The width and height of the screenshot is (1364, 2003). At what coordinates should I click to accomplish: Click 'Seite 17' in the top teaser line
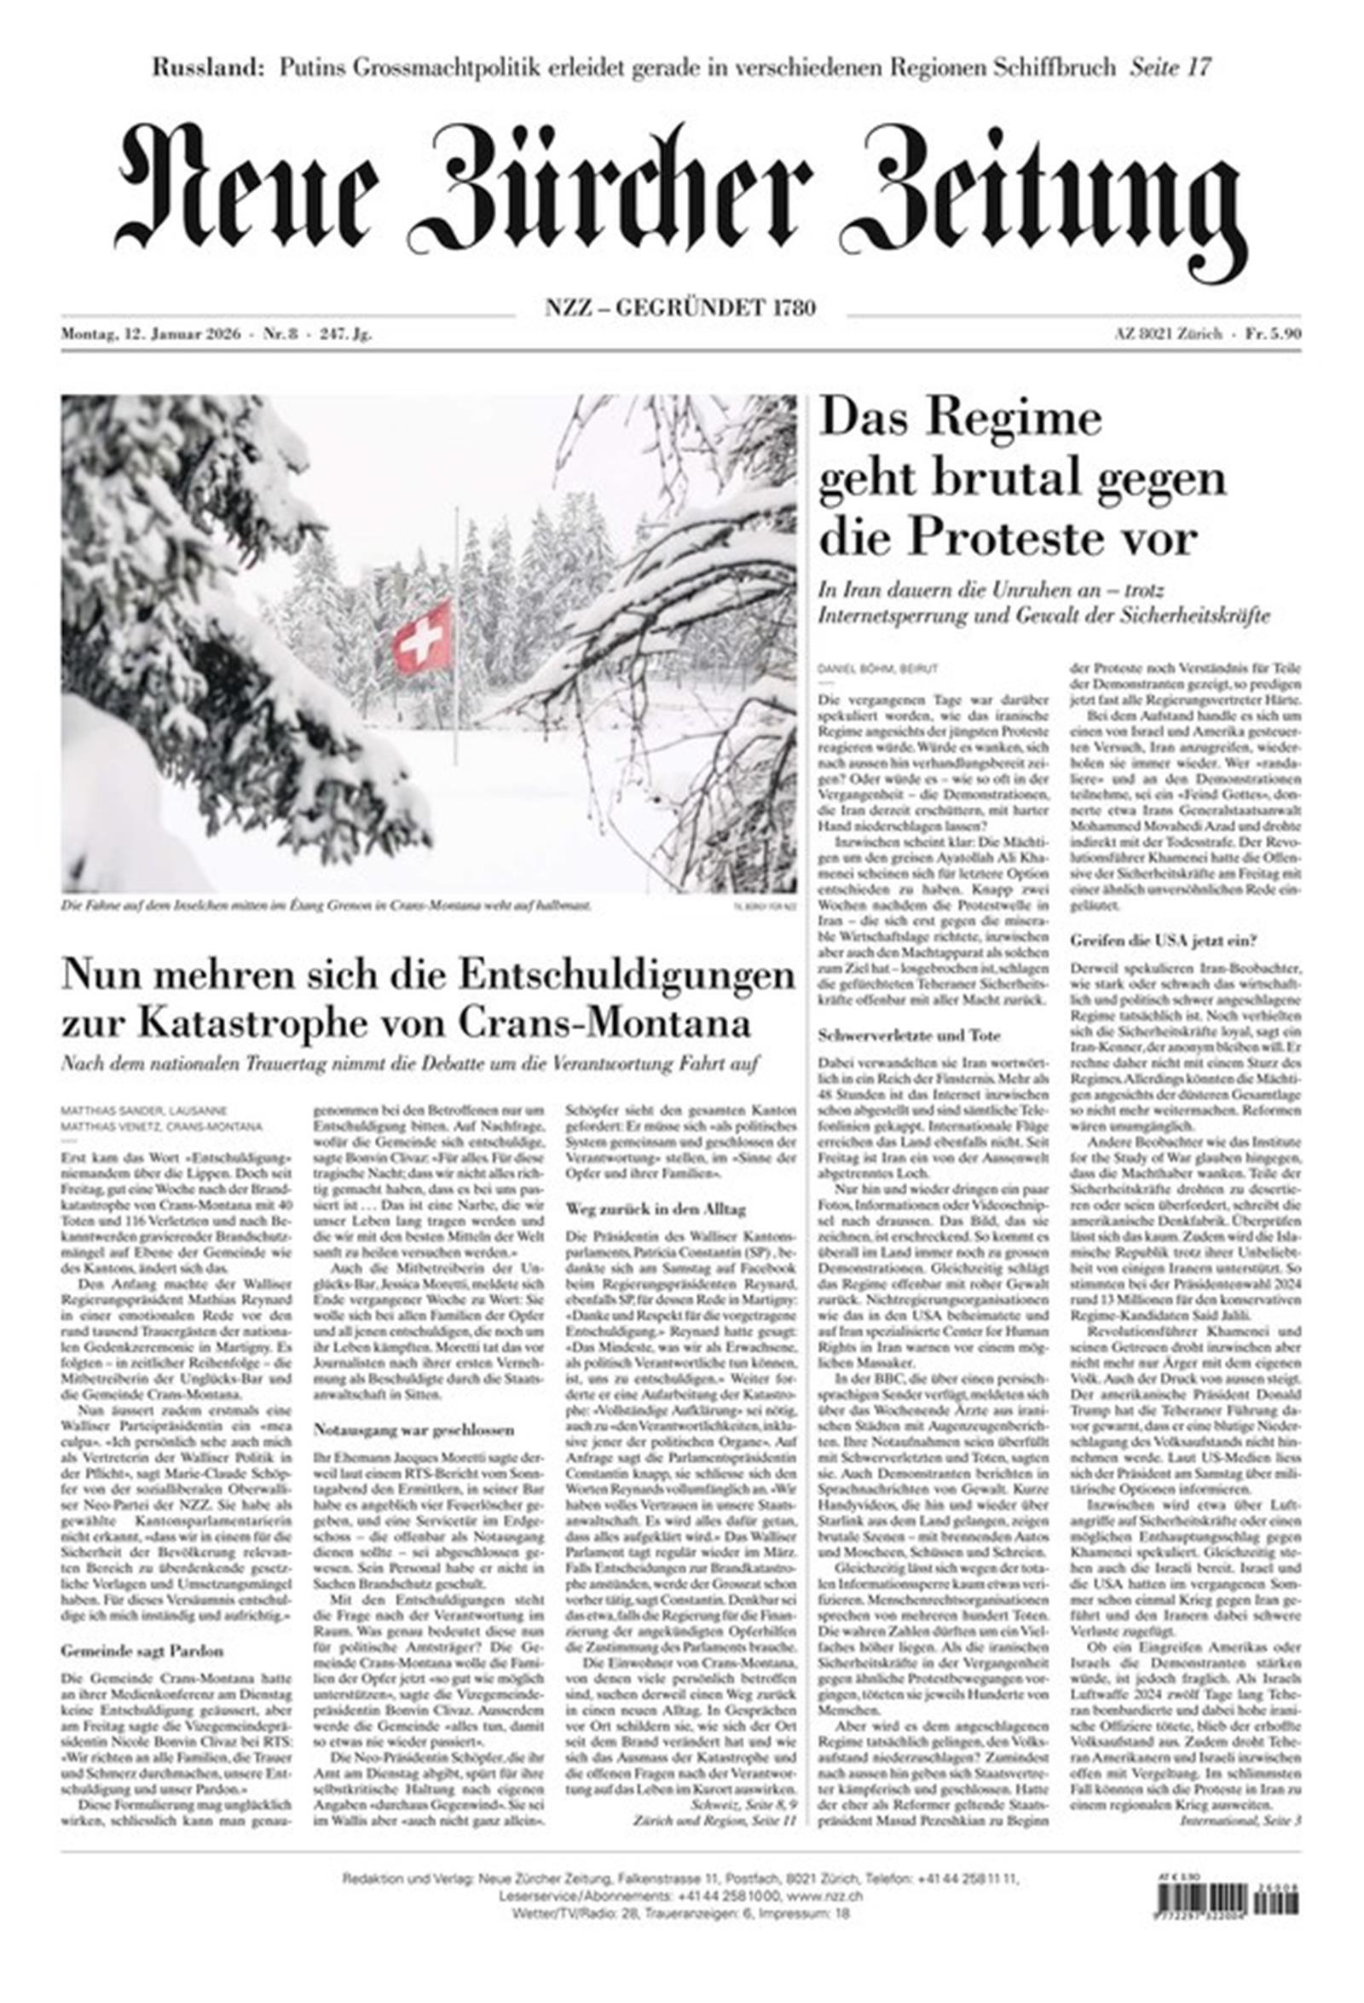coord(1171,67)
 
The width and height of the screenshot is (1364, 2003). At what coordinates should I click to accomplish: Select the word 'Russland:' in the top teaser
coord(209,67)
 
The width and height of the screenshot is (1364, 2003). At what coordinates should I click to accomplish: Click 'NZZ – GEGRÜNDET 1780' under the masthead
coord(679,308)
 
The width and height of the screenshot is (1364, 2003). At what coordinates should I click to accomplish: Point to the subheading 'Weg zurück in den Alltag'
coord(656,1210)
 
